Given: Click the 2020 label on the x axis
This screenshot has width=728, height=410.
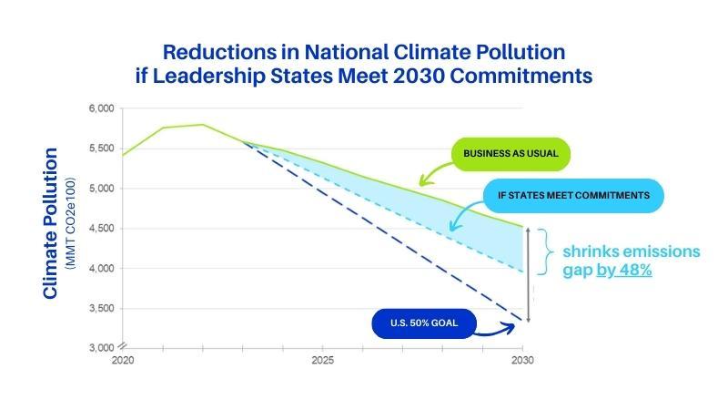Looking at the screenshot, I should click(x=122, y=361).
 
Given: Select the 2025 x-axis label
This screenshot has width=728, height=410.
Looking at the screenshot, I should click(x=322, y=361).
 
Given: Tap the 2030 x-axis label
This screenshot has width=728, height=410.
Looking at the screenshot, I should click(x=522, y=361).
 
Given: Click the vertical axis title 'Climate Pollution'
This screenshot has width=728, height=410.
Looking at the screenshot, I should click(x=51, y=223).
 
